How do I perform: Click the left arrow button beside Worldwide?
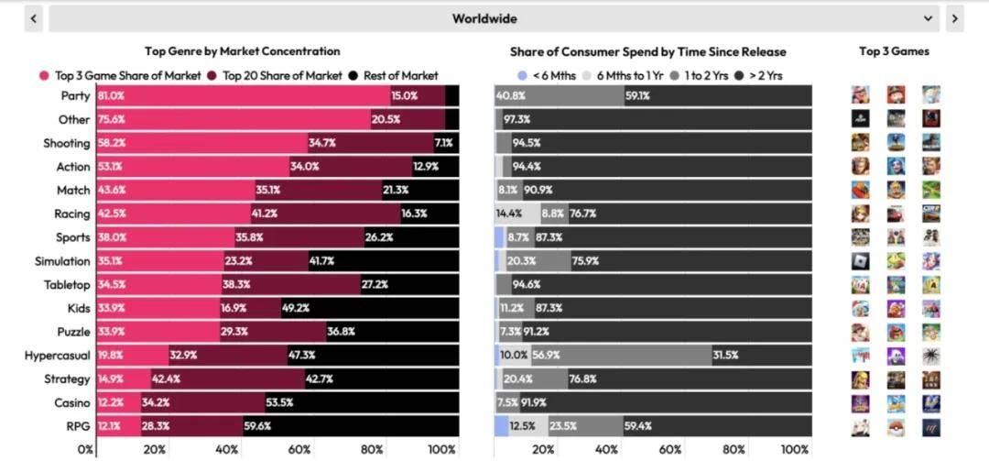[x=34, y=18]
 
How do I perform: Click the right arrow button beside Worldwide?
[x=954, y=18]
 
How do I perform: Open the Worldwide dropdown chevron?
[x=929, y=18]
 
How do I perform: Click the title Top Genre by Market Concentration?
[x=242, y=51]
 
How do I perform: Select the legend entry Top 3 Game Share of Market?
[x=120, y=76]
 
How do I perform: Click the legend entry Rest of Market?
[x=400, y=76]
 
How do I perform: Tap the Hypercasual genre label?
[x=57, y=356]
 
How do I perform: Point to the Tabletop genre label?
[x=67, y=285]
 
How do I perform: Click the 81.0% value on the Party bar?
[x=111, y=96]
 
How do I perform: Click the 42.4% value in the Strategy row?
[x=166, y=379]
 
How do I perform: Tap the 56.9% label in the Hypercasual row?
[x=546, y=356]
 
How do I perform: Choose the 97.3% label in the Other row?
[x=516, y=120]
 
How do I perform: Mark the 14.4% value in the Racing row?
[x=508, y=214]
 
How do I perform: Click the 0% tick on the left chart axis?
[x=85, y=450]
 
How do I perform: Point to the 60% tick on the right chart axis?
[x=670, y=450]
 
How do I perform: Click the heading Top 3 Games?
[x=894, y=51]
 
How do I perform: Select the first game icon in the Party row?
[x=860, y=94]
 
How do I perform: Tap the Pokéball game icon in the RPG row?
[x=896, y=427]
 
